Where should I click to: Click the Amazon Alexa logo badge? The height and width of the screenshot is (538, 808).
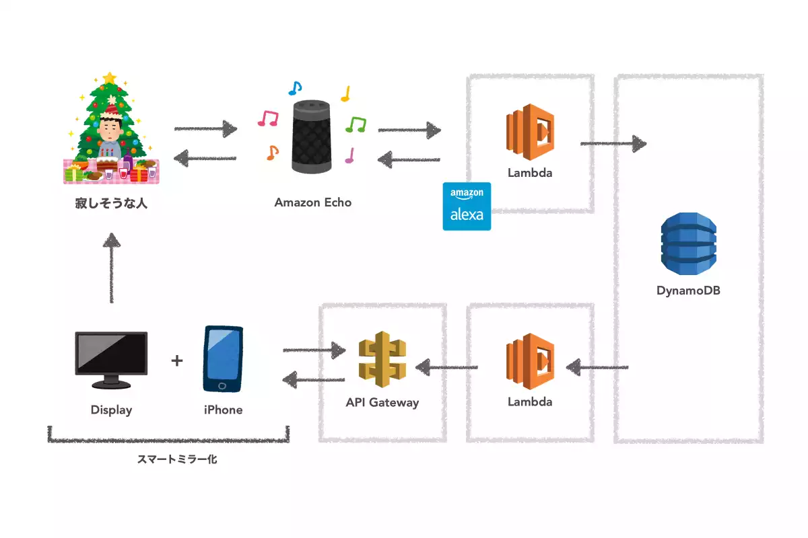tap(467, 206)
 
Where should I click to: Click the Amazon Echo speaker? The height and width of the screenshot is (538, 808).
tap(312, 136)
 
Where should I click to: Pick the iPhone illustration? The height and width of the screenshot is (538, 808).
tap(223, 359)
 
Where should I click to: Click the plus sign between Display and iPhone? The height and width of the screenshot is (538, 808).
tap(177, 360)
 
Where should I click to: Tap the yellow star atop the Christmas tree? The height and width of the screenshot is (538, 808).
tap(110, 79)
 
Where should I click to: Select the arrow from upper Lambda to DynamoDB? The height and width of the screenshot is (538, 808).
tap(613, 143)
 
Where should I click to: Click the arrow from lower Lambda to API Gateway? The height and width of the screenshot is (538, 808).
tap(447, 367)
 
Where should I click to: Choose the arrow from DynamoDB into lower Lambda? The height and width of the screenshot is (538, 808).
tap(597, 367)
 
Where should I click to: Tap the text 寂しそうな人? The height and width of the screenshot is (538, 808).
tap(111, 202)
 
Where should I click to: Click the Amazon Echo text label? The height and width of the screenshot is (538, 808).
tap(313, 202)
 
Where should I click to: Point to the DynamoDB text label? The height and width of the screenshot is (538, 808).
tap(688, 291)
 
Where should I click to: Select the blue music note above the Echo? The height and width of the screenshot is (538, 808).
tap(295, 87)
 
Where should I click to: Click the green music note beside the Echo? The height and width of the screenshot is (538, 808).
tap(356, 124)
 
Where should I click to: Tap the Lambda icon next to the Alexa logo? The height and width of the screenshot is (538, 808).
tap(530, 132)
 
